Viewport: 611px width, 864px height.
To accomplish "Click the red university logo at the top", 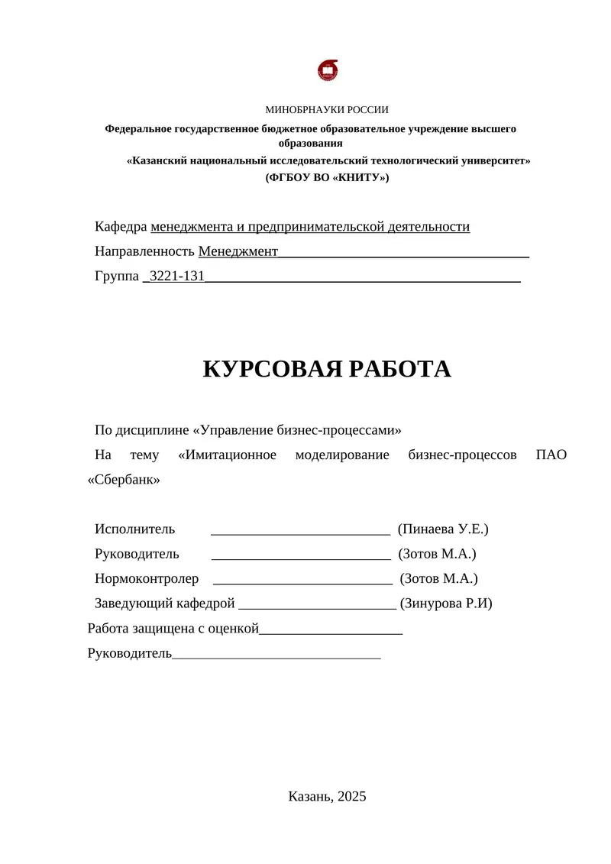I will pyautogui.click(x=327, y=70).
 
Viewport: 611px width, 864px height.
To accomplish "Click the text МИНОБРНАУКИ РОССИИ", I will pyautogui.click(x=327, y=110).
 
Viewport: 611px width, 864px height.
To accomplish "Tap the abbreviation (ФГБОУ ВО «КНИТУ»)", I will pyautogui.click(x=327, y=177).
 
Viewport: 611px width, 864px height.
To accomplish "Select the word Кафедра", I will pyautogui.click(x=121, y=227).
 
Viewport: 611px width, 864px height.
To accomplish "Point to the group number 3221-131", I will pyautogui.click(x=177, y=276).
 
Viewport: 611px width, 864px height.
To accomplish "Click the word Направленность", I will pyautogui.click(x=144, y=251).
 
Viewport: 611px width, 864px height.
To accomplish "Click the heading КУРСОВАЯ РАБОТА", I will pyautogui.click(x=327, y=369).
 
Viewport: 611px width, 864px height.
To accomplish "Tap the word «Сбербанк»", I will pyautogui.click(x=124, y=480).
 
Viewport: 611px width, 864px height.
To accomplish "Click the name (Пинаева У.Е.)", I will pyautogui.click(x=443, y=529).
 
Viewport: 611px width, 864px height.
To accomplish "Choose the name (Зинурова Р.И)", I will pyautogui.click(x=446, y=604).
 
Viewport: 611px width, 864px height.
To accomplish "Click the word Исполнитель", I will pyautogui.click(x=134, y=529).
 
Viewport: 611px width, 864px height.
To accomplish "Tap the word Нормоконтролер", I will pyautogui.click(x=147, y=579).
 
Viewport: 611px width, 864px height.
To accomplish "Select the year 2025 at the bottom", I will pyautogui.click(x=351, y=796).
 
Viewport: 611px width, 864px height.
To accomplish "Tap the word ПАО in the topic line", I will pyautogui.click(x=552, y=455).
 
